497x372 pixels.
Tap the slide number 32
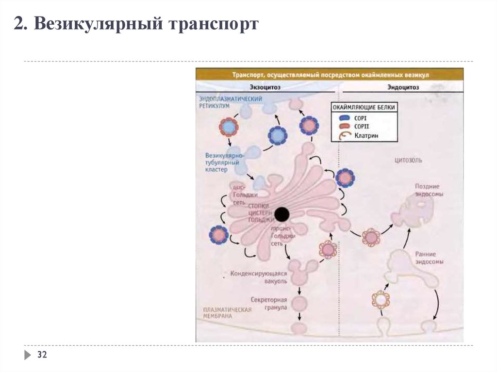pyautogui.click(x=42, y=356)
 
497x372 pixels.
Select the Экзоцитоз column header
pyautogui.click(x=265, y=87)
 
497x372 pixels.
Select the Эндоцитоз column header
pyautogui.click(x=403, y=87)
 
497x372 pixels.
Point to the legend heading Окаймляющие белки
pyautogui.click(x=364, y=107)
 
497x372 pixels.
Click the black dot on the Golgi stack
pyautogui.click(x=282, y=214)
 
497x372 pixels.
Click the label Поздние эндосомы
pyautogui.click(x=427, y=190)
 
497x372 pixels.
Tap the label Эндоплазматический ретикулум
pyautogui.click(x=230, y=102)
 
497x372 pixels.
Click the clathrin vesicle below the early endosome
pyautogui.click(x=381, y=300)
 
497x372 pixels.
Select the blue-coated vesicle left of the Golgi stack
pyautogui.click(x=218, y=235)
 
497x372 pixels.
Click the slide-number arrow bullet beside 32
pyautogui.click(x=27, y=356)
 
